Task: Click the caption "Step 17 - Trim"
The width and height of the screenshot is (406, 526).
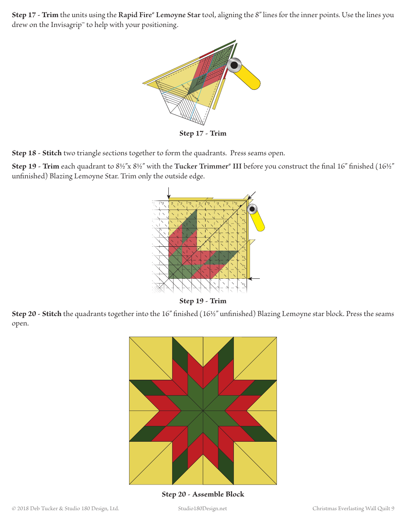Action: [203, 133]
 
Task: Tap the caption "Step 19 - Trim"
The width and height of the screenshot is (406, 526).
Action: [203, 301]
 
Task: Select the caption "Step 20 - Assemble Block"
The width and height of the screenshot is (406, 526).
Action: [203, 494]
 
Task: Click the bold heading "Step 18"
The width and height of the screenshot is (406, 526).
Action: [24, 153]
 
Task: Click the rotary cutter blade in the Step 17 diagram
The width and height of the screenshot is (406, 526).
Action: [234, 65]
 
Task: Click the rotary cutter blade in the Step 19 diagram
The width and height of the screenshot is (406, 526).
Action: [252, 209]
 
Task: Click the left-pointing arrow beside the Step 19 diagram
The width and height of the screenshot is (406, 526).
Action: [254, 278]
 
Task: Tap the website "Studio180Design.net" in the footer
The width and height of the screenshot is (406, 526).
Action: [203, 508]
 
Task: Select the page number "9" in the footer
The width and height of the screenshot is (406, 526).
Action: [392, 508]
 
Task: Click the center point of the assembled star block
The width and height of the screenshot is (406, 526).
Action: [203, 411]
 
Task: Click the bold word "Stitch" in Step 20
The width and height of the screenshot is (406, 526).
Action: [52, 314]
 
